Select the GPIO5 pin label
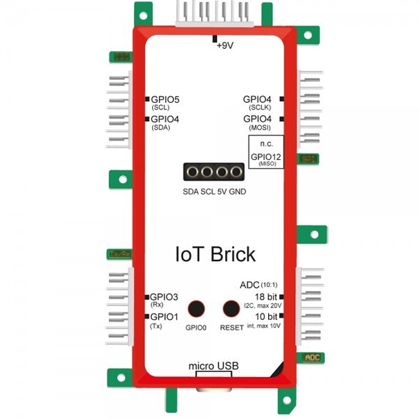[165, 100]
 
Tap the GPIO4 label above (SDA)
[165, 119]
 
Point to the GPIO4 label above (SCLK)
[257, 99]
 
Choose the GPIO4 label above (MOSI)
[257, 119]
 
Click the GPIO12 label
[266, 157]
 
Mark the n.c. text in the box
[266, 144]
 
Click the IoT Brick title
[215, 253]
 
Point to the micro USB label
[213, 366]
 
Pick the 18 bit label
[266, 296]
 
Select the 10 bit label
[266, 317]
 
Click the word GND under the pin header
[237, 192]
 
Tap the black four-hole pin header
[214, 172]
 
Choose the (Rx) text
[157, 304]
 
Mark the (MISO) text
[266, 165]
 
